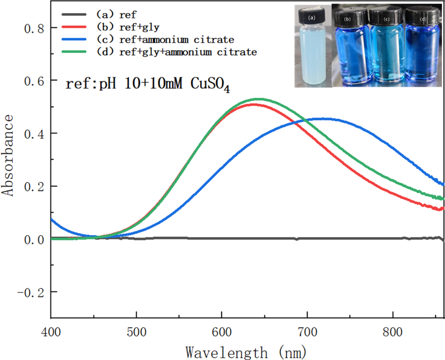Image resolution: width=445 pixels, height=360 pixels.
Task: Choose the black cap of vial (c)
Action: pyautogui.click(x=387, y=18)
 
